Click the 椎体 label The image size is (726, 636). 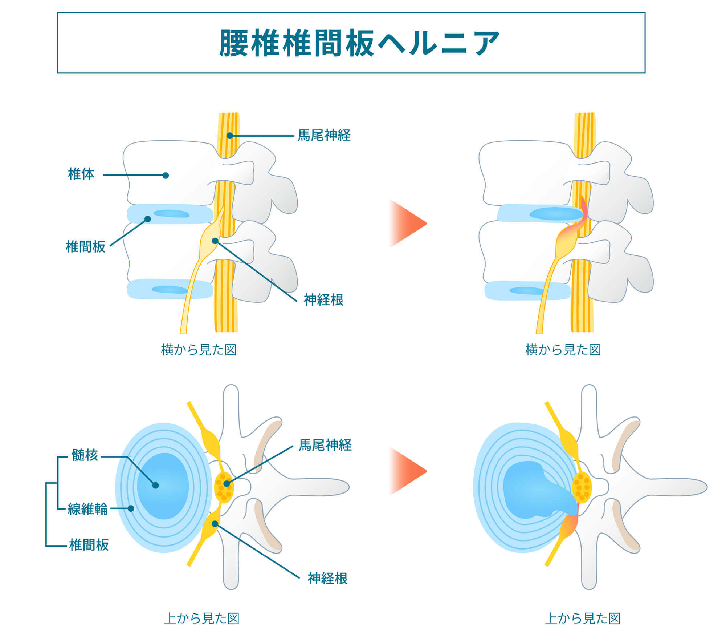[x=81, y=174]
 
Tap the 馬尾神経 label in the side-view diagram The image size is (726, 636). [x=324, y=135]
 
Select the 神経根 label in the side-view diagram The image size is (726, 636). [x=323, y=300]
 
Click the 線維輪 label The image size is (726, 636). [x=88, y=509]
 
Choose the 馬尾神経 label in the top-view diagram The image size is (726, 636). [x=325, y=445]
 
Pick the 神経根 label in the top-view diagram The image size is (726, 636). [x=328, y=578]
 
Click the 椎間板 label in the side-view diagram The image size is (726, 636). [x=85, y=247]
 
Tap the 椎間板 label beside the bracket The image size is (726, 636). [x=89, y=545]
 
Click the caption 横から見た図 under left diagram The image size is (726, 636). [x=199, y=350]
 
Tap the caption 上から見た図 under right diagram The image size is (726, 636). [x=583, y=619]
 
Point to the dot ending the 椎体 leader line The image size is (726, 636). [x=166, y=176]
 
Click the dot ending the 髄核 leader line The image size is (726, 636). [x=155, y=485]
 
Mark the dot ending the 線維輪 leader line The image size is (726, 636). [x=131, y=508]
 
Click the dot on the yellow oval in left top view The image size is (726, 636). [x=227, y=484]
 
